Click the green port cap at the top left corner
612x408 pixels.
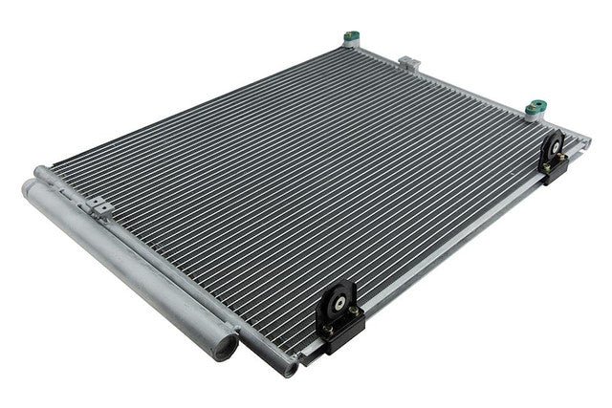click(x=350, y=38)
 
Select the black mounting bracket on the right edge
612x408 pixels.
click(x=555, y=157)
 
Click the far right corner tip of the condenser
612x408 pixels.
click(x=587, y=142)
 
